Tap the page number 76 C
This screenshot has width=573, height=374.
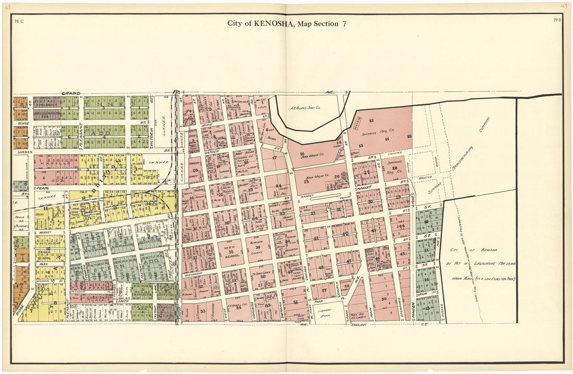[19, 21]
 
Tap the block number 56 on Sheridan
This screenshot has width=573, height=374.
[295, 302]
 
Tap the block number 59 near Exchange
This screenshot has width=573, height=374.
[384, 299]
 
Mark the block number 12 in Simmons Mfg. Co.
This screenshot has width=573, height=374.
[371, 121]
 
